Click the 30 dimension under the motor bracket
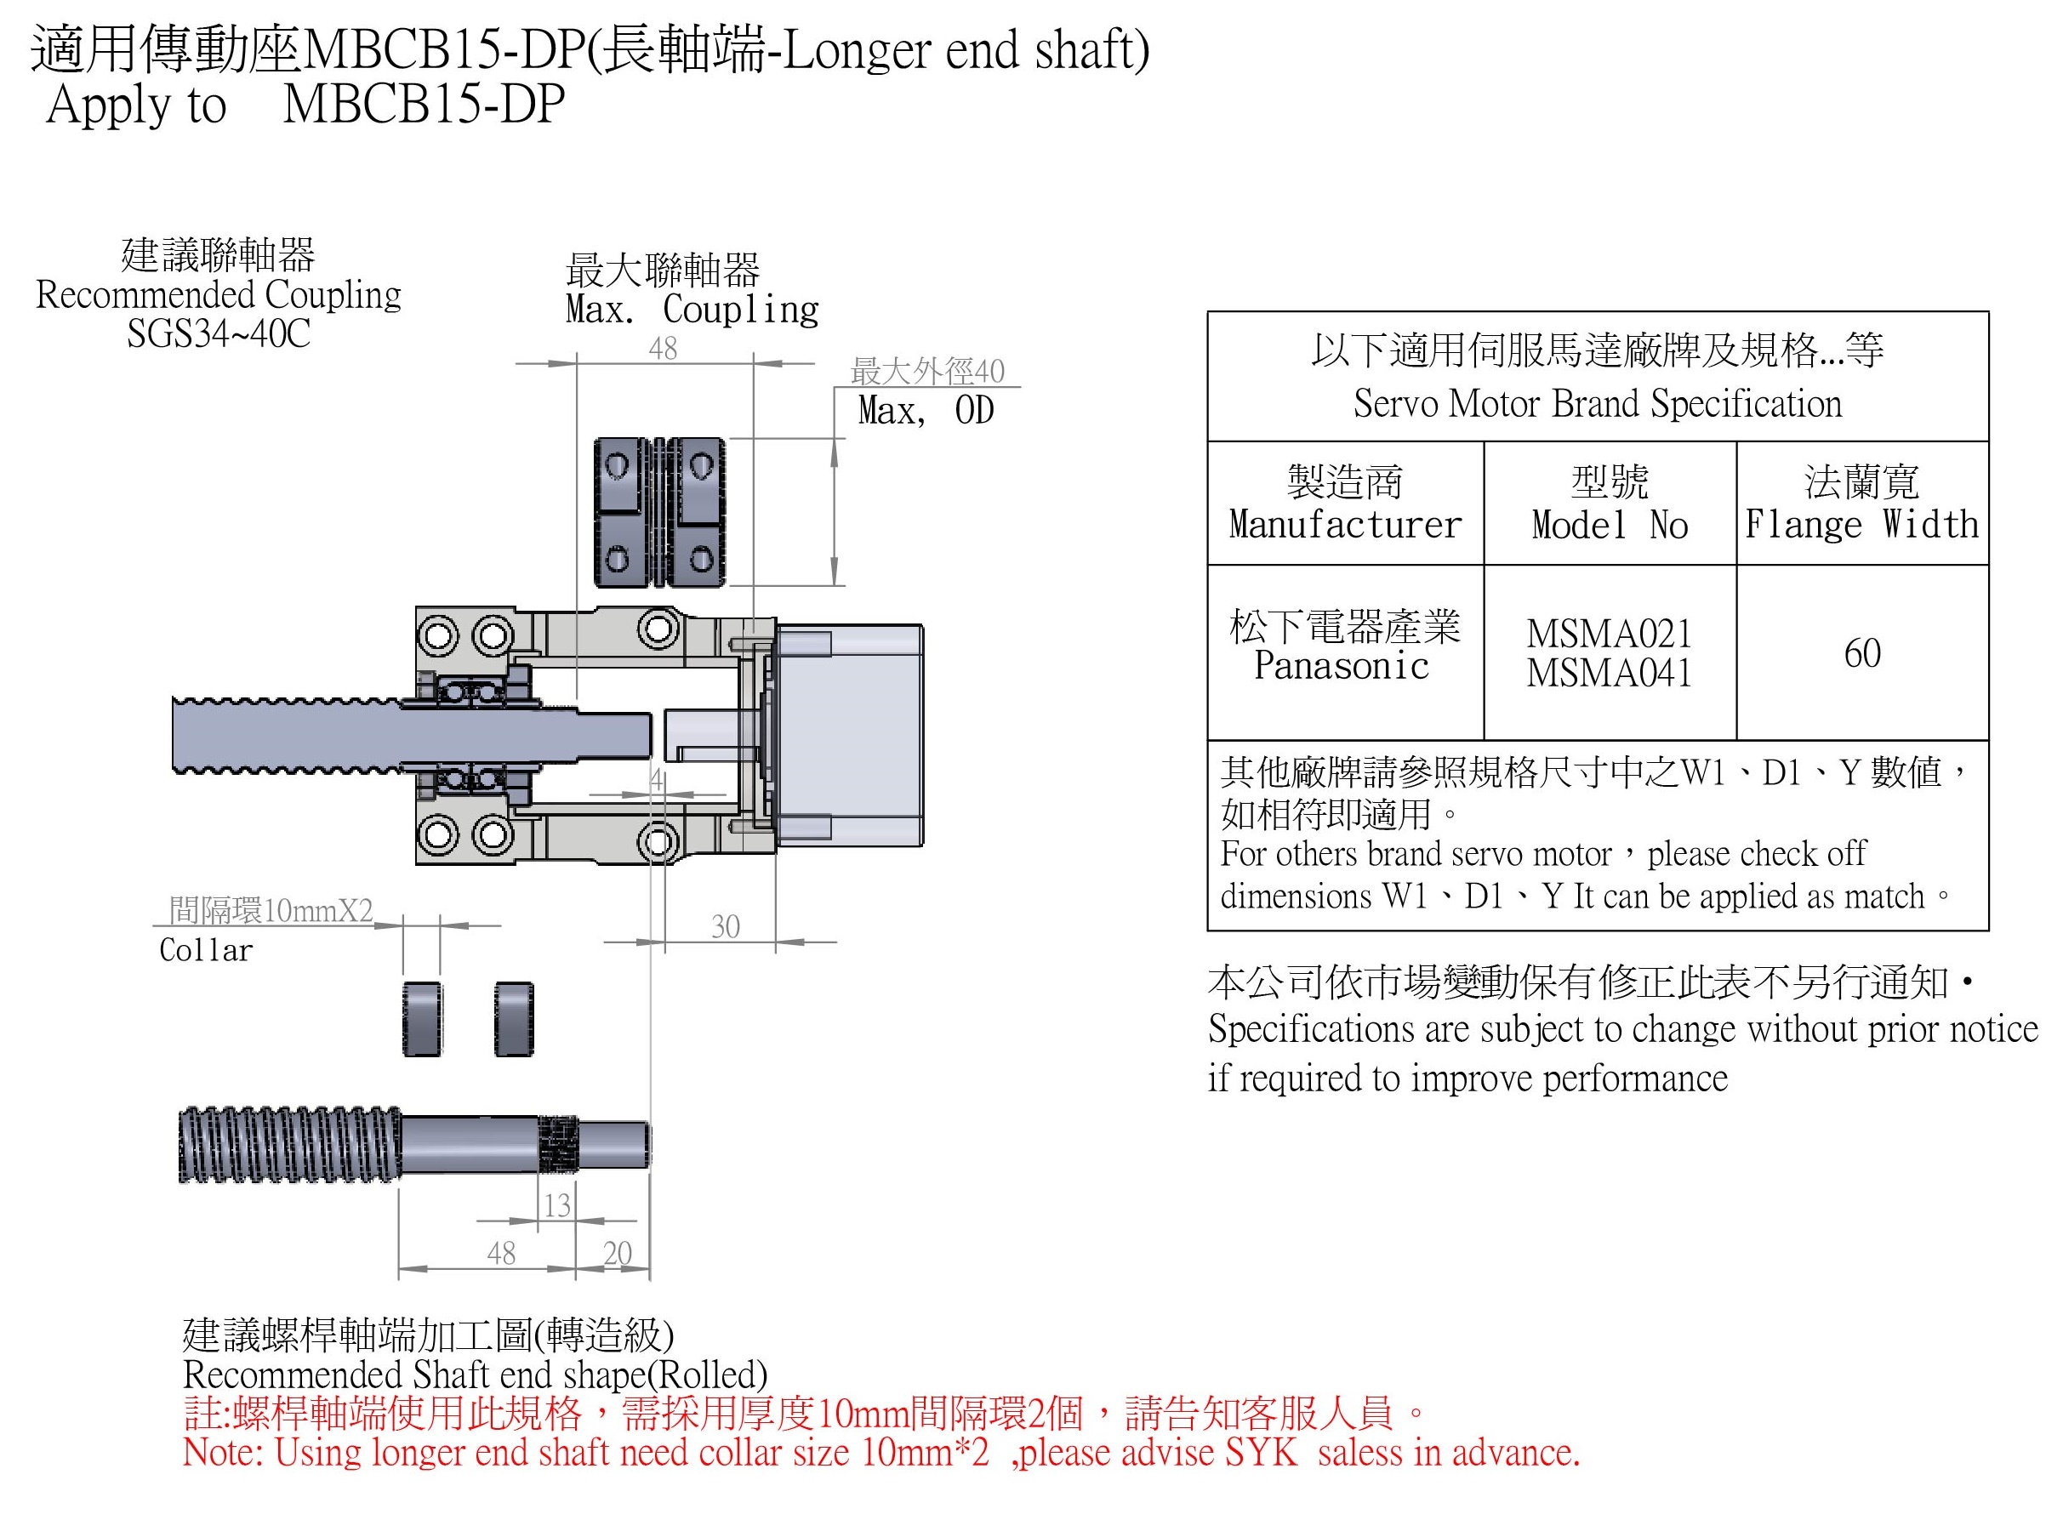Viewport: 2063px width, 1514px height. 724,925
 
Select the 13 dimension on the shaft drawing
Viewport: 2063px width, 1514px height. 556,1204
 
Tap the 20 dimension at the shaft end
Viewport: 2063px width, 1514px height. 617,1252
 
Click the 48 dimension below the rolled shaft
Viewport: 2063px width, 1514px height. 500,1252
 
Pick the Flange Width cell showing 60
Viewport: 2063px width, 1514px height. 1861,652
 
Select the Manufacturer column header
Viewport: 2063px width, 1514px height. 1343,504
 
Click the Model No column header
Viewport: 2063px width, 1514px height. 1609,504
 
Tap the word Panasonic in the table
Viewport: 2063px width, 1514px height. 1341,665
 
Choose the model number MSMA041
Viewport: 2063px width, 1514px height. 1609,674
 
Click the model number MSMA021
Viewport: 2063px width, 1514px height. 1609,634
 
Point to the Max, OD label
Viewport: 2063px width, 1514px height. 925,411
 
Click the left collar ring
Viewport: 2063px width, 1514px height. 422,1019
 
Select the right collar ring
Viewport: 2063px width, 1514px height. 513,1019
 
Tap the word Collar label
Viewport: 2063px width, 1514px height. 205,950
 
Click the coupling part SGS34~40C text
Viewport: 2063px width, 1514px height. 218,333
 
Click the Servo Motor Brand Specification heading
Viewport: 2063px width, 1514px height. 1597,403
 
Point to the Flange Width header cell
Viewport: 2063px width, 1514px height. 1861,504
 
